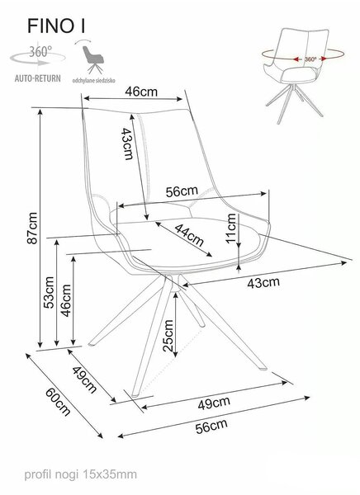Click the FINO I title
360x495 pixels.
(56, 26)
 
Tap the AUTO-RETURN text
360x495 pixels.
(38, 78)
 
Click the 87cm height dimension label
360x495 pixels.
(32, 229)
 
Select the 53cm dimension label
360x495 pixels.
(49, 292)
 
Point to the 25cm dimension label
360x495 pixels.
(168, 336)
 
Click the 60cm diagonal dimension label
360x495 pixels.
(58, 402)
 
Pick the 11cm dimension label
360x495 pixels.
(231, 229)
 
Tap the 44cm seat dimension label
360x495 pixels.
(189, 235)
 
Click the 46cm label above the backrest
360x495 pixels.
(141, 92)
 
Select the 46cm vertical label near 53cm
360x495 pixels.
(66, 300)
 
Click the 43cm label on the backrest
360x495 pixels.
(128, 144)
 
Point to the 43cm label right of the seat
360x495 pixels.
(263, 282)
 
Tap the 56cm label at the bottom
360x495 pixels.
(211, 427)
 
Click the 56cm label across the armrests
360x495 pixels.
(182, 191)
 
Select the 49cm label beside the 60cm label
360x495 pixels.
(84, 379)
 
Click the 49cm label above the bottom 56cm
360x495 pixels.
(214, 403)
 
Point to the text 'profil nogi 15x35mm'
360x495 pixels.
(81, 474)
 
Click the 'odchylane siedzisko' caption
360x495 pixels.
(94, 81)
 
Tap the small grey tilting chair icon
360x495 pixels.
(92, 59)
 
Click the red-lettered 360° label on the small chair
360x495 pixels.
(310, 59)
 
